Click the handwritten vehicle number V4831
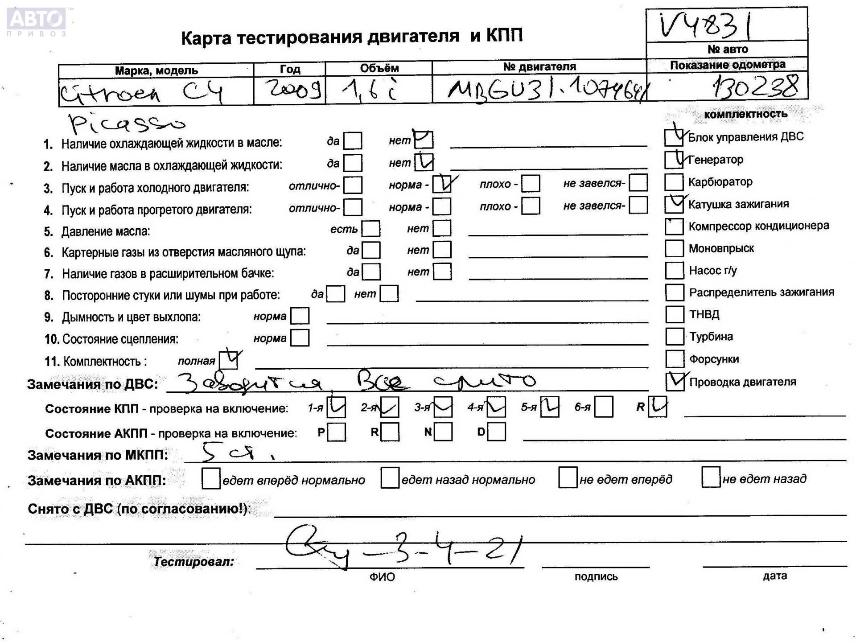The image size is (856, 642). pyautogui.click(x=705, y=25)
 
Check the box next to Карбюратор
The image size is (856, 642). pyautogui.click(x=674, y=182)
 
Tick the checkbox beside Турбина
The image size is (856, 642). pyautogui.click(x=674, y=337)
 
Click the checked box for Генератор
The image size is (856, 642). pyautogui.click(x=674, y=160)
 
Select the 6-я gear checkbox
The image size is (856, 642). pyautogui.click(x=604, y=407)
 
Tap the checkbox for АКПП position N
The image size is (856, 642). pyautogui.click(x=443, y=432)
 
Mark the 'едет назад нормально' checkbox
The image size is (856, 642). pyautogui.click(x=390, y=478)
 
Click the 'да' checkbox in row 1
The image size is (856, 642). pyautogui.click(x=353, y=141)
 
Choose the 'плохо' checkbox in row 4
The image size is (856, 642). pyautogui.click(x=531, y=206)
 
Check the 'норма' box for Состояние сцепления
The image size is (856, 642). pyautogui.click(x=300, y=338)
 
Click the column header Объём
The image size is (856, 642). pyautogui.click(x=379, y=68)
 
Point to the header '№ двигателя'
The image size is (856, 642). pyautogui.click(x=539, y=67)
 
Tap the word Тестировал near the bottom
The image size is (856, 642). pyautogui.click(x=193, y=562)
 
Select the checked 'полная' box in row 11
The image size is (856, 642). pyautogui.click(x=229, y=360)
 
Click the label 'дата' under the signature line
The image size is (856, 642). pyautogui.click(x=774, y=576)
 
